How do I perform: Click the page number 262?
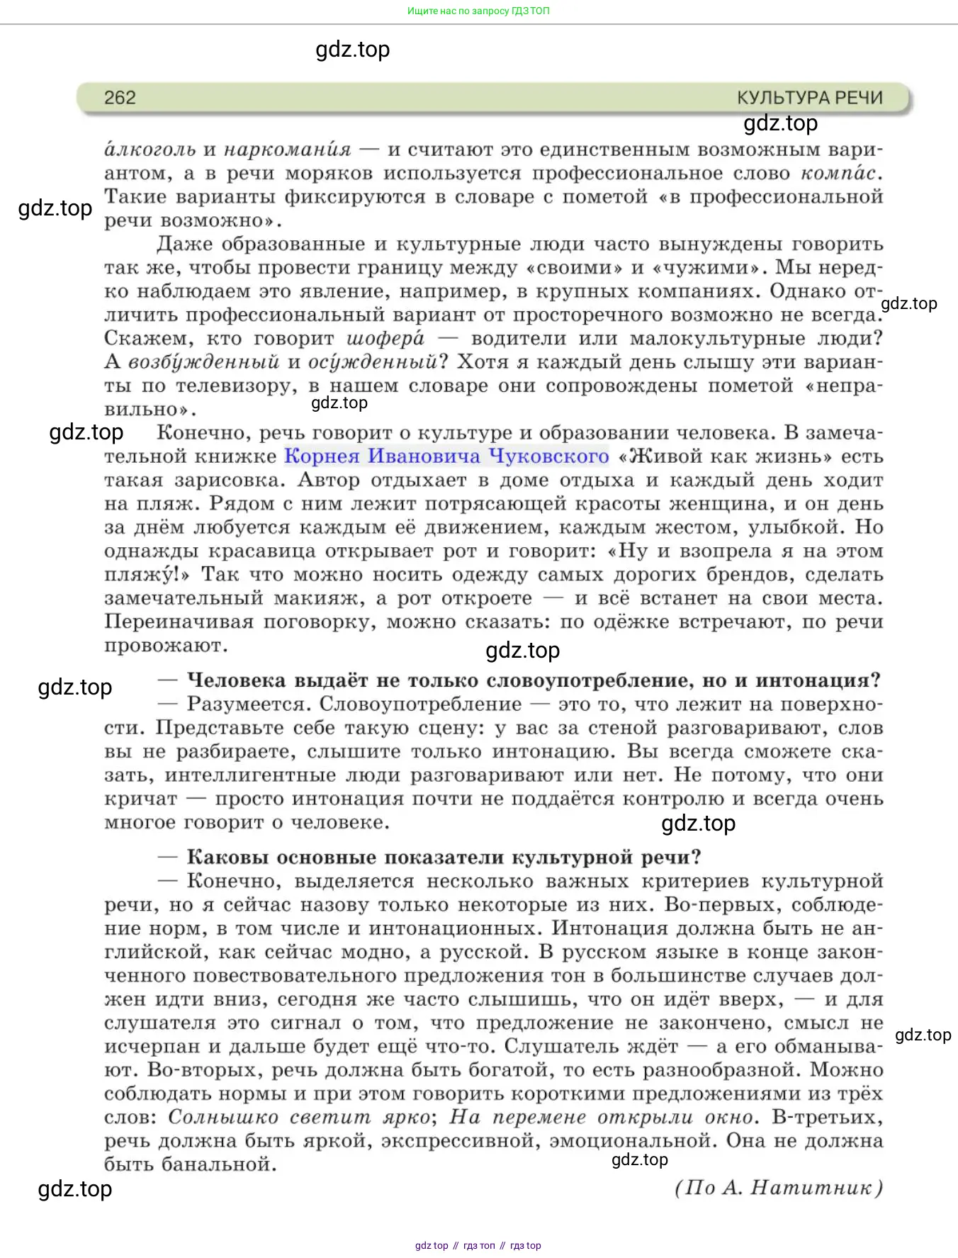(120, 98)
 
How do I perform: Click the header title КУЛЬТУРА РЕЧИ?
(809, 98)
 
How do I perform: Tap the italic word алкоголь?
(150, 150)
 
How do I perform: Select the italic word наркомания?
(287, 150)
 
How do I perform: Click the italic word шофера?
(385, 338)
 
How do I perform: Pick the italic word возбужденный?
(203, 362)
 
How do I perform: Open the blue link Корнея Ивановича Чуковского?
(446, 456)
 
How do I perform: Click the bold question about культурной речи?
(444, 857)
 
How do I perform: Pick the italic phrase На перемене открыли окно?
(602, 1117)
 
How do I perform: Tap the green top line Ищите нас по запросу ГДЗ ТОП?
(478, 11)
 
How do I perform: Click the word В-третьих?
(828, 1117)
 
